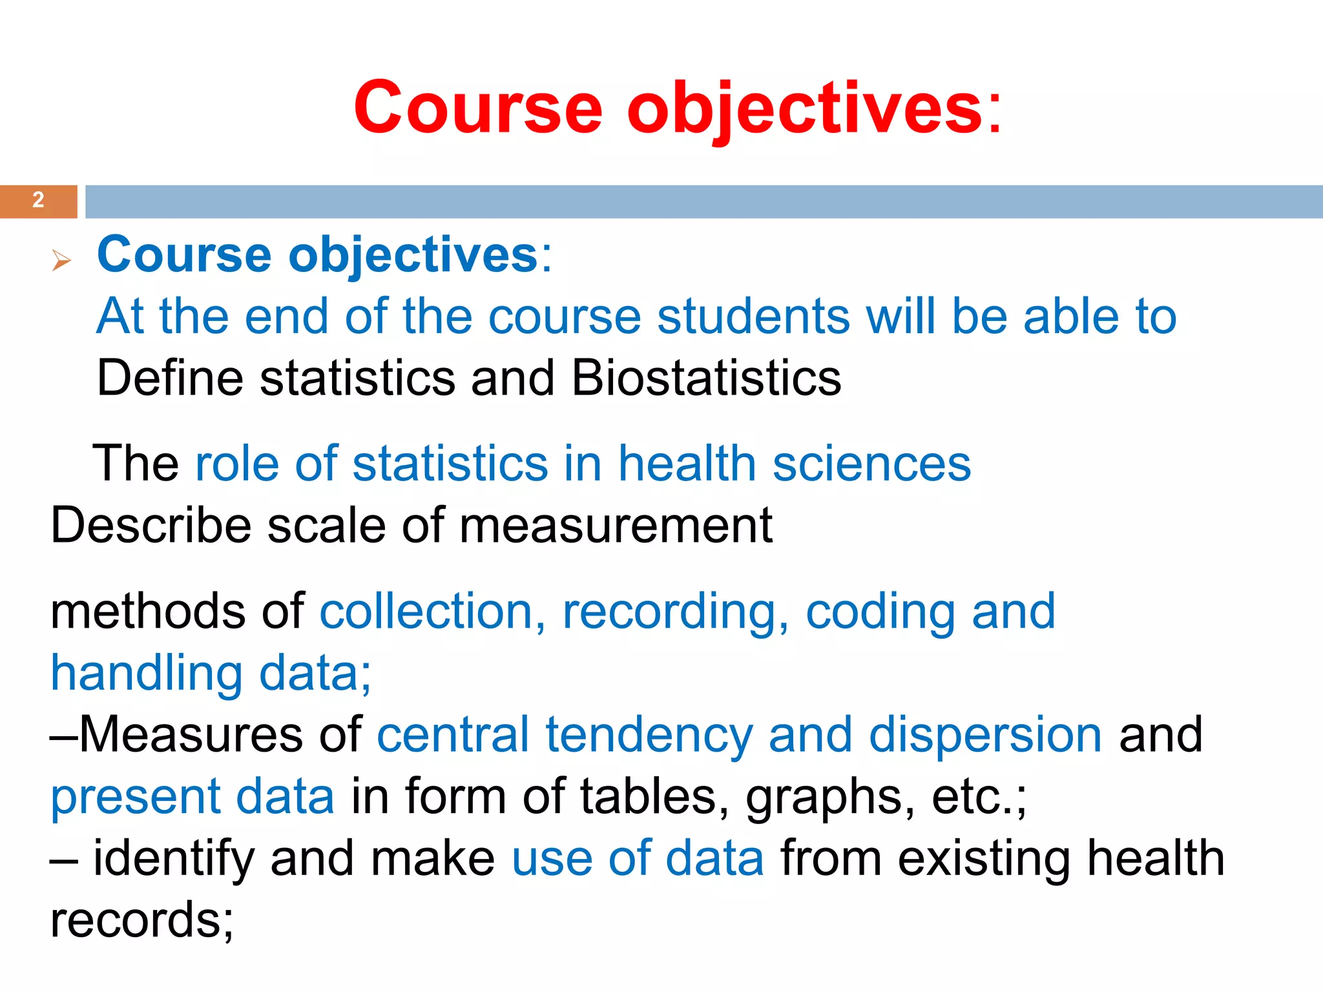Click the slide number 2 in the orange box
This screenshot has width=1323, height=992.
tap(38, 200)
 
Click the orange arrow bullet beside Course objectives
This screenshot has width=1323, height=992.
tap(61, 260)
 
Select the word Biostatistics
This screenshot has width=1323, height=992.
tap(706, 378)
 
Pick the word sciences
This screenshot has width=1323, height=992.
tap(871, 463)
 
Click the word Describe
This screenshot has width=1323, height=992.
tap(151, 524)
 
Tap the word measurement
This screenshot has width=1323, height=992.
tap(616, 524)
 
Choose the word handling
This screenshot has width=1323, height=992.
tap(147, 673)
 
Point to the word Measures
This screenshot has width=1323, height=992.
tap(191, 734)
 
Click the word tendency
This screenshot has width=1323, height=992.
tap(649, 734)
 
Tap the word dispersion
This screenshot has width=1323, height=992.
tap(985, 734)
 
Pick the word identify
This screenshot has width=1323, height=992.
tap(174, 858)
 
